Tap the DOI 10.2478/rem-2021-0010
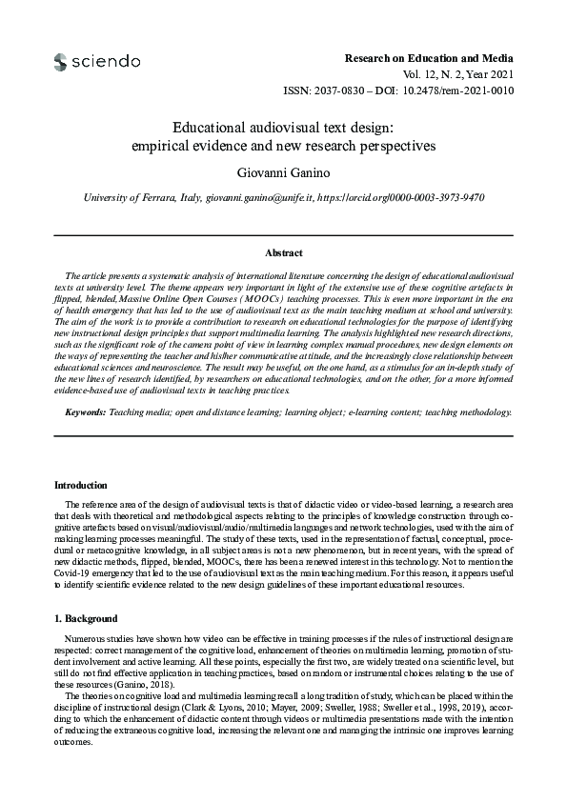point(460,90)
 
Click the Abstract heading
point(283,252)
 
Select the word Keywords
point(84,412)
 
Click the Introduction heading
point(82,485)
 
